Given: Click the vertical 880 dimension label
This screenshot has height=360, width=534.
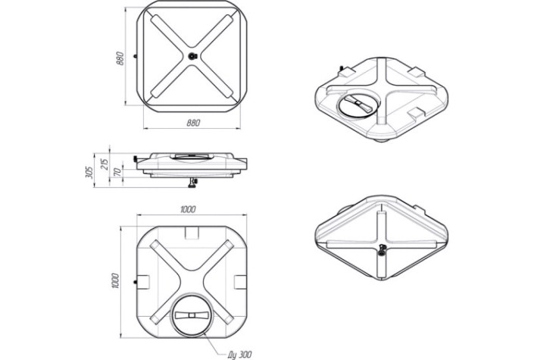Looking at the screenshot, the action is [120, 58].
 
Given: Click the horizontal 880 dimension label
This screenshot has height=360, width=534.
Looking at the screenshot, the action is [193, 123].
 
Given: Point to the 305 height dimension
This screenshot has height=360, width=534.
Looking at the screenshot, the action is [89, 172].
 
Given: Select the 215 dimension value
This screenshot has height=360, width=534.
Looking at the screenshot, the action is [105, 164].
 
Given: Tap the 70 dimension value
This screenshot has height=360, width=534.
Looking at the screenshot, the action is [117, 171].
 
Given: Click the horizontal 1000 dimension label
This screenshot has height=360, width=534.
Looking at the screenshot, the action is [188, 209].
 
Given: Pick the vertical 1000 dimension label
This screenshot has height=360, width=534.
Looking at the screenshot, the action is [115, 281].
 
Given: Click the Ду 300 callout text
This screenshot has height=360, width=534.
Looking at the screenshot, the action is [239, 355].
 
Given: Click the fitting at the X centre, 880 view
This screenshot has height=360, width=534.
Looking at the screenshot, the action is [193, 56].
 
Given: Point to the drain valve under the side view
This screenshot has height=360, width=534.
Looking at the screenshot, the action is [192, 183].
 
